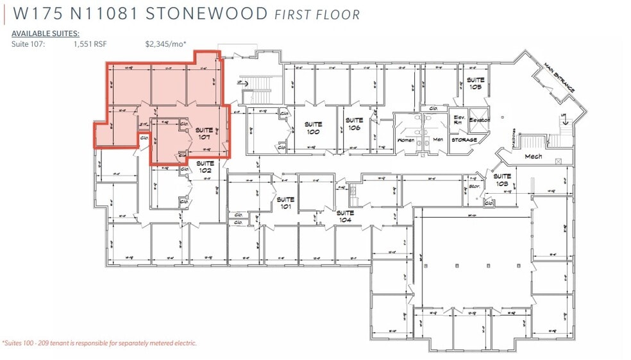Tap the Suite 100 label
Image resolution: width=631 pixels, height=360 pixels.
pyautogui.click(x=313, y=128)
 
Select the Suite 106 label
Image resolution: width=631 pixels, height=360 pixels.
pyautogui.click(x=354, y=124)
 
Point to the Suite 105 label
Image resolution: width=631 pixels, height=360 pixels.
pyautogui.click(x=475, y=83)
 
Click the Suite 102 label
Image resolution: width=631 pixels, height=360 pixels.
pyautogui.click(x=205, y=167)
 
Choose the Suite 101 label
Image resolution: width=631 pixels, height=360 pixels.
pyautogui.click(x=285, y=203)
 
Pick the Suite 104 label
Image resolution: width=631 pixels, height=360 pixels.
pyautogui.click(x=345, y=216)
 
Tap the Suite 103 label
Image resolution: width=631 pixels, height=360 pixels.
pyautogui.click(x=502, y=179)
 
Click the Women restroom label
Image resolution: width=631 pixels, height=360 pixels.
pyautogui.click(x=406, y=140)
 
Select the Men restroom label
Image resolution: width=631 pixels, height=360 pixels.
pyautogui.click(x=438, y=139)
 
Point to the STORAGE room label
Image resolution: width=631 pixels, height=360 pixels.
pyautogui.click(x=464, y=140)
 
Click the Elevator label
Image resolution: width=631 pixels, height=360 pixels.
pyautogui.click(x=479, y=120)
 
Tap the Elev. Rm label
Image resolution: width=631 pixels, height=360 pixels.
pyautogui.click(x=459, y=120)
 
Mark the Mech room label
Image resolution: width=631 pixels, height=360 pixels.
pyautogui.click(x=534, y=156)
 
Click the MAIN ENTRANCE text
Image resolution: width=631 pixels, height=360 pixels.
pyautogui.click(x=559, y=78)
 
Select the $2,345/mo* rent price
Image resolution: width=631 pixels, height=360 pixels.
pyautogui.click(x=165, y=44)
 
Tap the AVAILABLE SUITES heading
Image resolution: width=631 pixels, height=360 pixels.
pyautogui.click(x=46, y=33)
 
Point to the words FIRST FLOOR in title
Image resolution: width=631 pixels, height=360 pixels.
pyautogui.click(x=317, y=13)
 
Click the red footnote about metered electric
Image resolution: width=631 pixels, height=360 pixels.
pyautogui.click(x=99, y=343)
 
